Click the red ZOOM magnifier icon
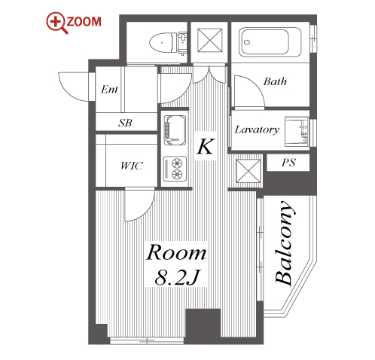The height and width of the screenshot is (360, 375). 57,23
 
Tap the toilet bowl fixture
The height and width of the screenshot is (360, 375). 168,43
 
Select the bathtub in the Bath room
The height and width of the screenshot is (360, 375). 270,42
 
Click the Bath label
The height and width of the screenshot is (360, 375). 275,81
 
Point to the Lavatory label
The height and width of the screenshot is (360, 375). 257,130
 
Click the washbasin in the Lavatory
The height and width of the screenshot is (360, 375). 297,132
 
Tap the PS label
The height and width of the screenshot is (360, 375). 288,162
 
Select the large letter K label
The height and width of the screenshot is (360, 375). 206,146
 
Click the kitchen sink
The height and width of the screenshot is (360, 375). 175,130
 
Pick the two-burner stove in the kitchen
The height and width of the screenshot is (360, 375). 175,169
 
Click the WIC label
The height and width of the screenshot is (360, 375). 131,166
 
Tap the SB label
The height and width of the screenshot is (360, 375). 125,123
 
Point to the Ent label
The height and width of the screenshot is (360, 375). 109,89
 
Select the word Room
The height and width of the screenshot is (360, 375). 176,252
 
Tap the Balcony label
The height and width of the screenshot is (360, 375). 284,243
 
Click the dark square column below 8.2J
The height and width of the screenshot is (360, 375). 203,323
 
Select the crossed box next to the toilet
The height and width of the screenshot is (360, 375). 209,41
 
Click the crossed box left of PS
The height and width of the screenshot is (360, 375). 248,171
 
